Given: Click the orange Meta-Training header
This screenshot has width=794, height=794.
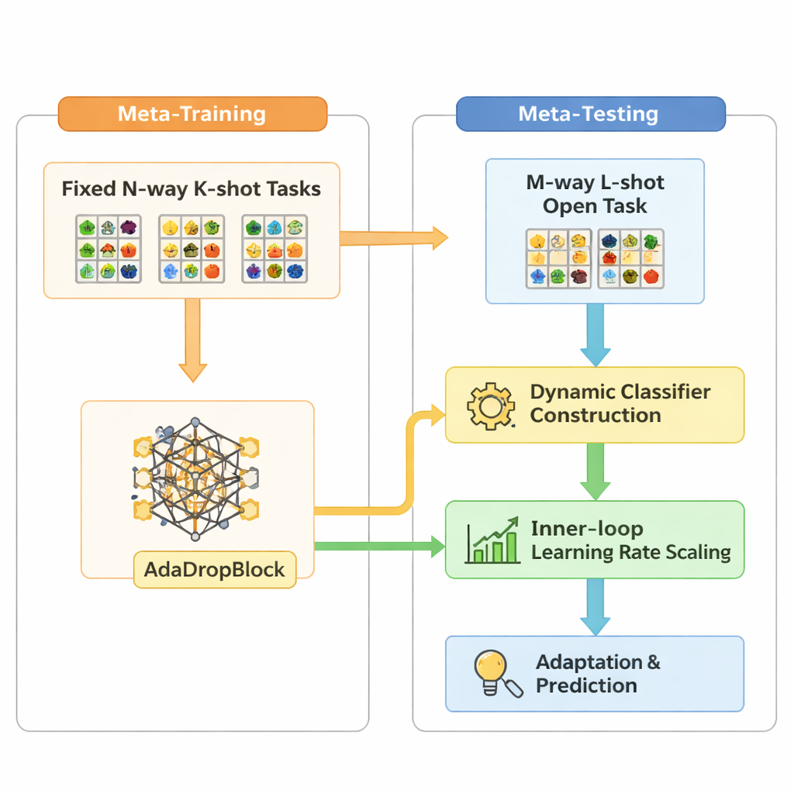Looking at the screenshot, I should (x=192, y=115).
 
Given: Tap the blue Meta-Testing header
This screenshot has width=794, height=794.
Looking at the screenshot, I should (x=589, y=114).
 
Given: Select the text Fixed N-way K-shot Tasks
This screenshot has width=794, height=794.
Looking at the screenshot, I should (x=191, y=189).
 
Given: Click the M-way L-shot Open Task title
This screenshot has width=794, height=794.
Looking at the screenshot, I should (x=595, y=195).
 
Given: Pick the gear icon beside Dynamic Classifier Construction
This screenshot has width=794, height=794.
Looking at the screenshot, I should (x=491, y=404).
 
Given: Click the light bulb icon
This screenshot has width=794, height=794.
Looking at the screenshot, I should (x=492, y=672).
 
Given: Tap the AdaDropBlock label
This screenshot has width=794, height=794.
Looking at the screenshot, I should (x=214, y=570).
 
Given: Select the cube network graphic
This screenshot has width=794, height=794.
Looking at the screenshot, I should (x=196, y=481).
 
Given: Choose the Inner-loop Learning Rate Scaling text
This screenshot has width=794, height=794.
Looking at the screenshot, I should (x=630, y=540).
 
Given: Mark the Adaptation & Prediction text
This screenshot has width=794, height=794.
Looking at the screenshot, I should (x=598, y=674).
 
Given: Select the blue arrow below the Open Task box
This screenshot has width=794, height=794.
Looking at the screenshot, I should (x=595, y=334).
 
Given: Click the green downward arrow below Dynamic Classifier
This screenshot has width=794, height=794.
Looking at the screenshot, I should (x=595, y=471).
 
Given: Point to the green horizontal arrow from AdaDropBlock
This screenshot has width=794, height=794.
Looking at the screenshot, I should (x=379, y=547).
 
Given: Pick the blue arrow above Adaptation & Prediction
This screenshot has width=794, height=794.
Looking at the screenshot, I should (x=595, y=606).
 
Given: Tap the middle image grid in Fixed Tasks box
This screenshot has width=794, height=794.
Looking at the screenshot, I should (x=192, y=248).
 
